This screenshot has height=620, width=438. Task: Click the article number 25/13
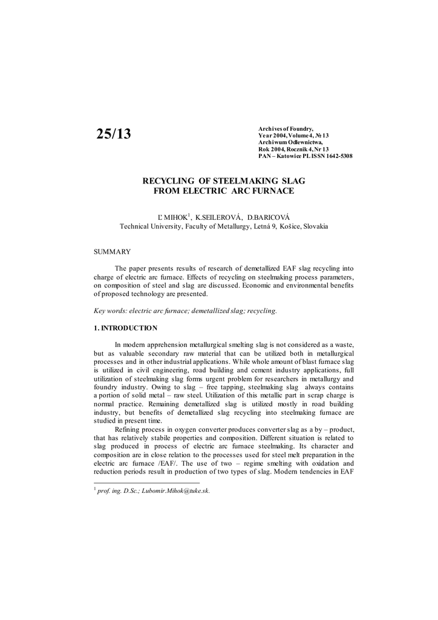[x=113, y=134]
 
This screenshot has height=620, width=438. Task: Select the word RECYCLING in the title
[x=168, y=180]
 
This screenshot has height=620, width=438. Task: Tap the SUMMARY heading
[x=112, y=251]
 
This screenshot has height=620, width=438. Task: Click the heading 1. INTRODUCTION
[x=125, y=328]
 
